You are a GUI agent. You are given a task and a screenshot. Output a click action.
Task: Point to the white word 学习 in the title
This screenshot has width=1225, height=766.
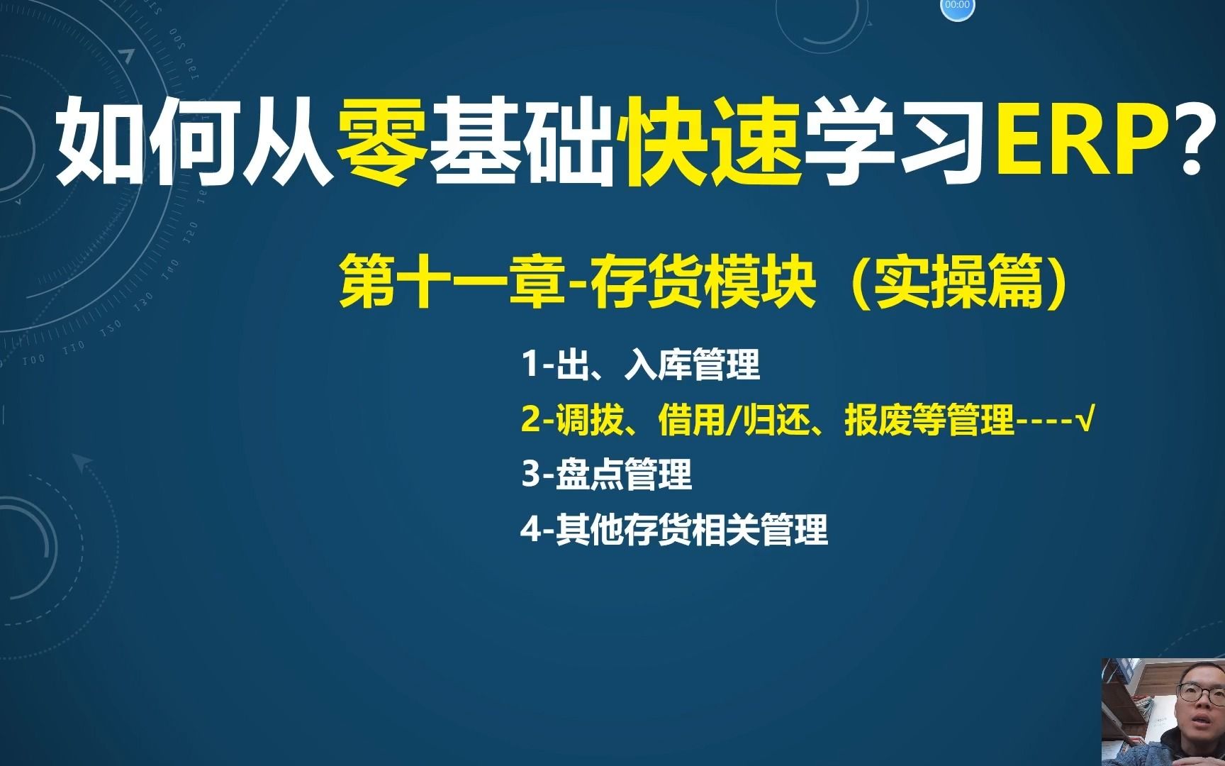click(900, 140)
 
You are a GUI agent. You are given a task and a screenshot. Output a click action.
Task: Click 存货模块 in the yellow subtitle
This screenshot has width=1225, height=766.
click(703, 284)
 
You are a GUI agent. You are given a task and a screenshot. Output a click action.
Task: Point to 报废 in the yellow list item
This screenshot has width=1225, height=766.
click(878, 420)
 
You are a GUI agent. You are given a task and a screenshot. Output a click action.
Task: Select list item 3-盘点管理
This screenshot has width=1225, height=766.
click(606, 474)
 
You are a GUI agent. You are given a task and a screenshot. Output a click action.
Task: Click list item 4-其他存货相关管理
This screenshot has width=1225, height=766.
click(674, 529)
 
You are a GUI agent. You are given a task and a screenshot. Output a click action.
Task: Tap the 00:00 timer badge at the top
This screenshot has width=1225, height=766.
click(957, 6)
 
